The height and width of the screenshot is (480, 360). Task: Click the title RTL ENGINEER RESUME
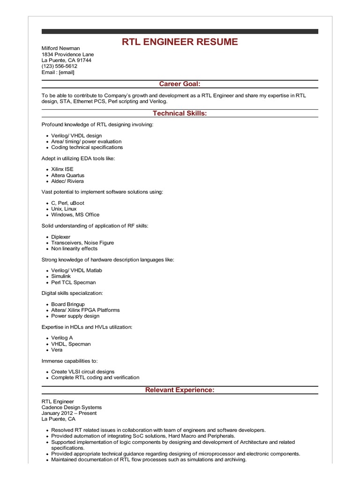point(180,42)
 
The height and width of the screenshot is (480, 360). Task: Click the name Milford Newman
point(60,48)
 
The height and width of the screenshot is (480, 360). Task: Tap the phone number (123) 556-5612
point(60,66)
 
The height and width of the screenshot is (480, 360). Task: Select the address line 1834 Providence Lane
point(67,54)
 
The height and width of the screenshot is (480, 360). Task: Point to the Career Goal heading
point(180,84)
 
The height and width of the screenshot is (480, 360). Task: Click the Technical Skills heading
point(180,113)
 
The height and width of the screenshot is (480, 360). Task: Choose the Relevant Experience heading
point(180,390)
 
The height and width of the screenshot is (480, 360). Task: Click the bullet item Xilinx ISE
point(62,169)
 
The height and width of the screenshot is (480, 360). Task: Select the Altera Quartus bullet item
point(68,175)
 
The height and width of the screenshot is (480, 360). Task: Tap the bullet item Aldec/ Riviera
point(67,181)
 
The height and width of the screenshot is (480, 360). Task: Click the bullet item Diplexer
point(61,237)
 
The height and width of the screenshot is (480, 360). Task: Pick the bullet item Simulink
point(61,277)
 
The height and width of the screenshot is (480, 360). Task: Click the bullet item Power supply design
point(75,316)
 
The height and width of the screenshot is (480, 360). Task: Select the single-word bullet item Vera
point(57,350)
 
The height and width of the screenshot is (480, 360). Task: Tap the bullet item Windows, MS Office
point(75,215)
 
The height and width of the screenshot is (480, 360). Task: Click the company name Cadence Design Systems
point(72,407)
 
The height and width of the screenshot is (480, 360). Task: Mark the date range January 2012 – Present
point(69,413)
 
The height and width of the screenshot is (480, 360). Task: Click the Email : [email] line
point(58,72)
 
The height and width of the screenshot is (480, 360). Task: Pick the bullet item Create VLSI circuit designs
point(82,372)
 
